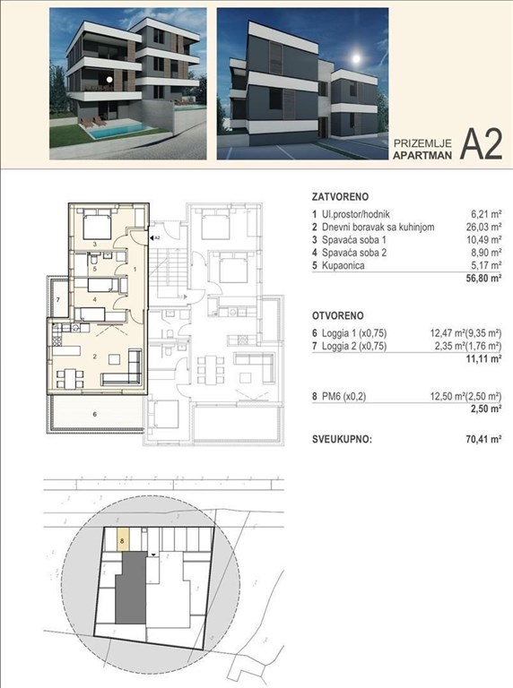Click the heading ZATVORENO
(340, 194)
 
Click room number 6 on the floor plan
(94, 415)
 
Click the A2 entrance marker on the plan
(152, 237)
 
